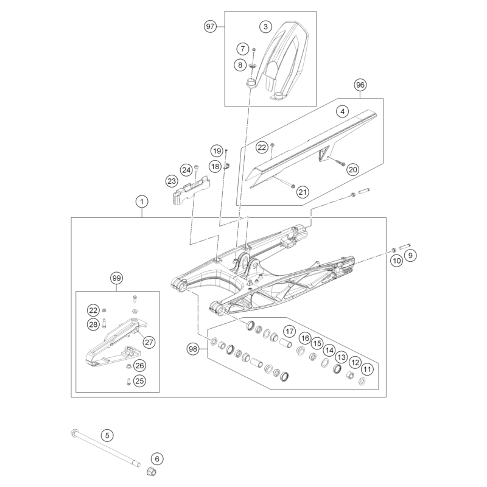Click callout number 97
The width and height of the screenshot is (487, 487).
tap(210, 26)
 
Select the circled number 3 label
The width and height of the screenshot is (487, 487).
tap(265, 27)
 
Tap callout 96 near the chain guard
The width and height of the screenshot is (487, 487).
tap(360, 85)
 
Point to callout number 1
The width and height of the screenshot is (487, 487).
tap(142, 202)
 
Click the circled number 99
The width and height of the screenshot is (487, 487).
tap(116, 278)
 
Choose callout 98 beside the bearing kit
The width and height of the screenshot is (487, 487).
tap(193, 349)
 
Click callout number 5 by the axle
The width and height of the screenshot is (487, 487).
tap(107, 435)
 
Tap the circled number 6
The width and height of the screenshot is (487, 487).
tap(157, 459)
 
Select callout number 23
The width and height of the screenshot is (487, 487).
tap(172, 181)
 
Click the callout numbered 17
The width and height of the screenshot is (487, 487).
tap(290, 331)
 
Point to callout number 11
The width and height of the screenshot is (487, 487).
tap(368, 370)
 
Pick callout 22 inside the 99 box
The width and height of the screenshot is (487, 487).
tap(93, 310)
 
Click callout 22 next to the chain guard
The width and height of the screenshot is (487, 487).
tap(262, 147)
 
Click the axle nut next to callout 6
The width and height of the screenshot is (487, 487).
tap(151, 471)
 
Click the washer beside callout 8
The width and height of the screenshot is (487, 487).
tap(252, 66)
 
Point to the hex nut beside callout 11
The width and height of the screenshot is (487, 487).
tap(361, 381)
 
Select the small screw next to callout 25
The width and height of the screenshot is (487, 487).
tap(128, 381)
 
